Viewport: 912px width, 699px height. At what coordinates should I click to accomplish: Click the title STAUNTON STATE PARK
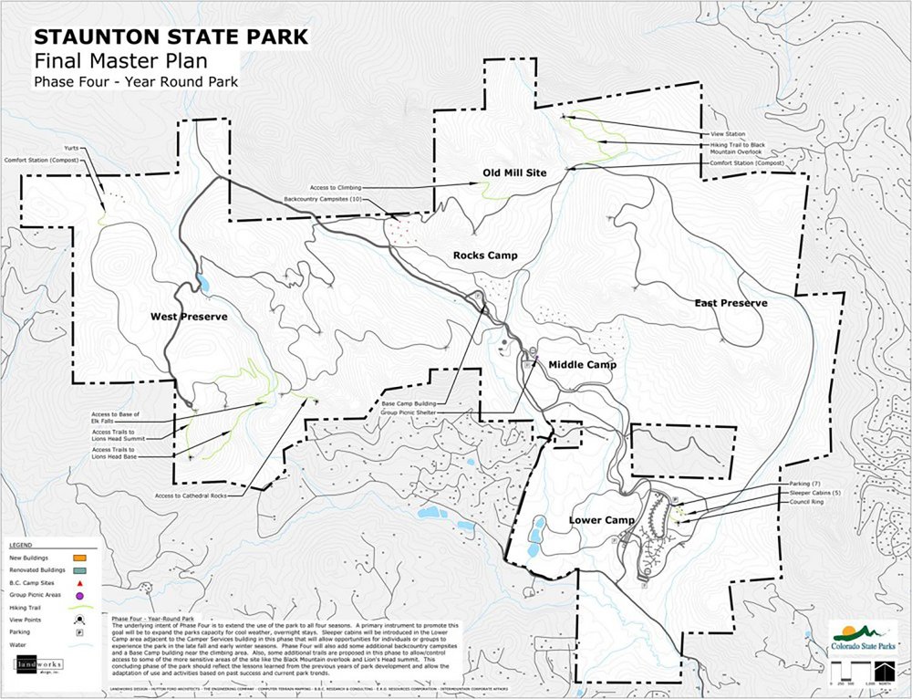(171, 38)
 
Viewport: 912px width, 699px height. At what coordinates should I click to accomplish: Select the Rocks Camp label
(485, 256)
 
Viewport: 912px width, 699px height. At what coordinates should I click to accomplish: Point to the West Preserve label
(189, 317)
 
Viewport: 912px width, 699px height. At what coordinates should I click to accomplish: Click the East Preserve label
(731, 303)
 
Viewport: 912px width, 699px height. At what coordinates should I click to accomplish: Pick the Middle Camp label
(582, 365)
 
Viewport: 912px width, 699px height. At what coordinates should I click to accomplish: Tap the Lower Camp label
(601, 520)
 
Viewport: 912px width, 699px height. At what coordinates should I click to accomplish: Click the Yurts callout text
(72, 148)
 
